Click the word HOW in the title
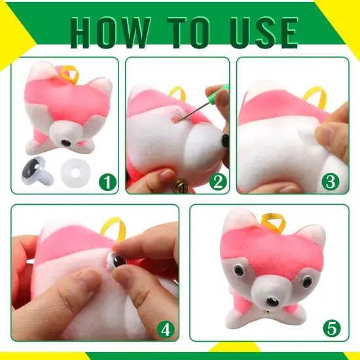pos(111,32)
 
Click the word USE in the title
pos(264,32)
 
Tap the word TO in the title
pos(190,32)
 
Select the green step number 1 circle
pos(108,183)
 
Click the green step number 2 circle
pos(218,182)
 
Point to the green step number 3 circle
pos(331,181)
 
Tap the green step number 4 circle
pos(166,330)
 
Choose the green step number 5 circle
pos(332,328)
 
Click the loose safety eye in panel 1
pos(37,171)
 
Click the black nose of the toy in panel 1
pos(66,143)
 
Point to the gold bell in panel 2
pos(181,187)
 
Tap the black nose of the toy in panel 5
pos(273,302)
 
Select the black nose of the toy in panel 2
pos(225,140)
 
